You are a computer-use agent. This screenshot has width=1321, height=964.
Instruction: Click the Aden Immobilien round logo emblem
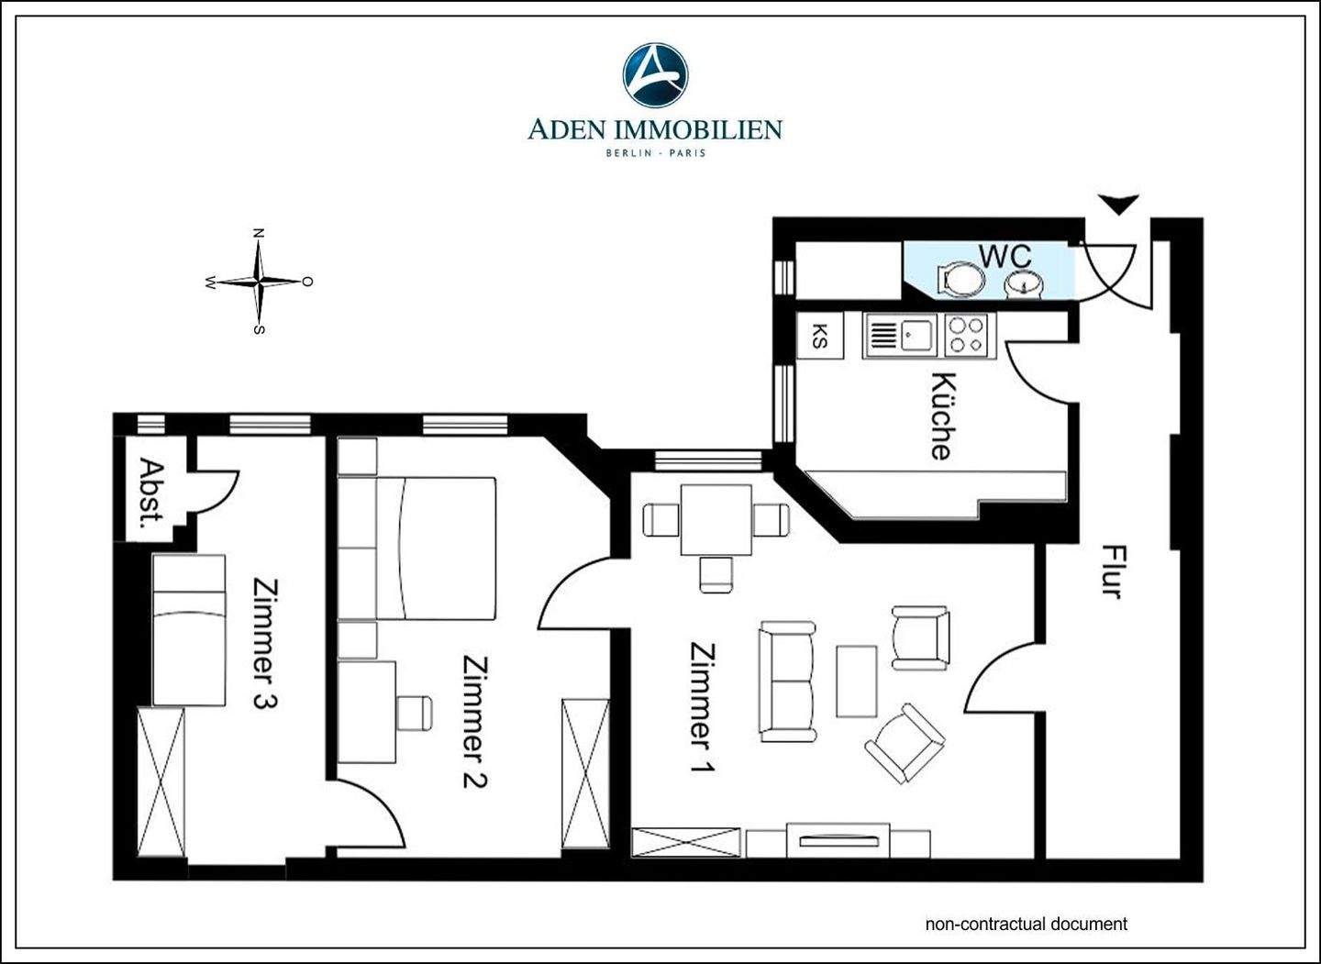655,74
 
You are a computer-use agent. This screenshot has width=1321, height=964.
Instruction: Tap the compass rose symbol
259,282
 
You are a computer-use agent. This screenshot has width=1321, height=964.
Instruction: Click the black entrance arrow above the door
1118,204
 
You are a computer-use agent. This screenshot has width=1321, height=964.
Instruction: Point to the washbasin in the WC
1027,284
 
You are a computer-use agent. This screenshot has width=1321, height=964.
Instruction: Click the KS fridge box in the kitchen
820,336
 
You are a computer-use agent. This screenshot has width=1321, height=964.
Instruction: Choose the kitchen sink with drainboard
900,336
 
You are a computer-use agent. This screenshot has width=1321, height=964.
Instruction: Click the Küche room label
942,416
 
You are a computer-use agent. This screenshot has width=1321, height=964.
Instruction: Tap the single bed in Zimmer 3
189,629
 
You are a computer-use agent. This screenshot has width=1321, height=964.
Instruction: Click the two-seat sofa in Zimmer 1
787,681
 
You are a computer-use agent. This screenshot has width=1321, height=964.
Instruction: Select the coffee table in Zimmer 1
856,681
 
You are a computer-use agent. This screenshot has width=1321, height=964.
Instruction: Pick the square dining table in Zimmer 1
716,520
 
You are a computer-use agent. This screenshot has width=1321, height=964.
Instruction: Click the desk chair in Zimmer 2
415,713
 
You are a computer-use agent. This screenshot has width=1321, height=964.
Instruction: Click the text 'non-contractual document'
1027,924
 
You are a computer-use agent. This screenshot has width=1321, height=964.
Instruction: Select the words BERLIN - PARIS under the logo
656,152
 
